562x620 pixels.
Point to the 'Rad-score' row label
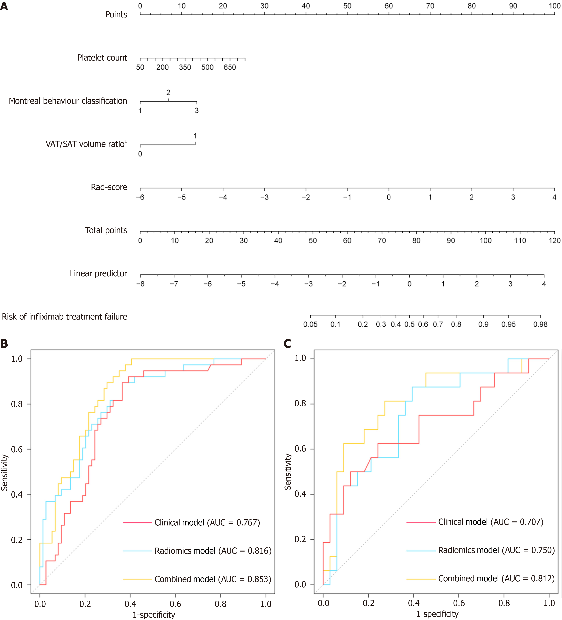point(109,187)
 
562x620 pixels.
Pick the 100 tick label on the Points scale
point(554,6)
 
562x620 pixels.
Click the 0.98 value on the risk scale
point(540,324)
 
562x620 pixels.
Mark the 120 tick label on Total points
point(554,240)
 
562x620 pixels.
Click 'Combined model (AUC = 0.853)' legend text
point(213,579)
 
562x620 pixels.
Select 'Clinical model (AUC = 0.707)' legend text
point(491,522)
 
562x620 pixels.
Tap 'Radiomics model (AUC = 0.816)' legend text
point(213,551)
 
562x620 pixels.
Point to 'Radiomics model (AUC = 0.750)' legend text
point(496,550)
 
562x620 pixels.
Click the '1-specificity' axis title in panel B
point(154,614)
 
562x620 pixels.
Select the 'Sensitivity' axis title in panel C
point(288,471)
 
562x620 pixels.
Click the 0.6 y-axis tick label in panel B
point(17,449)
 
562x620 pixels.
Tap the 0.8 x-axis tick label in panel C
point(504,603)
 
